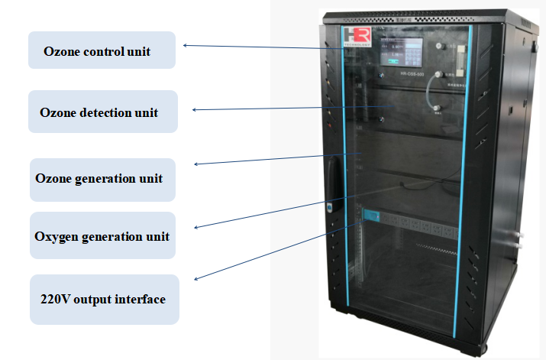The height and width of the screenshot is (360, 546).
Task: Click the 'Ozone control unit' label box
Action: tap(102, 50)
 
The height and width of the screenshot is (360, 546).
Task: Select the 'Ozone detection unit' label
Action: tap(102, 112)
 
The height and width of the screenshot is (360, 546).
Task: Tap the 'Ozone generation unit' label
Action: tap(102, 179)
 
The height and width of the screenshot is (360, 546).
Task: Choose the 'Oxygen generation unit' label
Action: tap(102, 236)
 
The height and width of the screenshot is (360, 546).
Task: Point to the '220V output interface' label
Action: tap(102, 299)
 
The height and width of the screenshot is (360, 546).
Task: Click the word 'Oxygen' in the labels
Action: tap(56, 236)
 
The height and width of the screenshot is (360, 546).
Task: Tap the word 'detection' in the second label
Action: tap(102, 112)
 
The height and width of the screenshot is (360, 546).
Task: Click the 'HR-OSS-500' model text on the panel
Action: tap(413, 75)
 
